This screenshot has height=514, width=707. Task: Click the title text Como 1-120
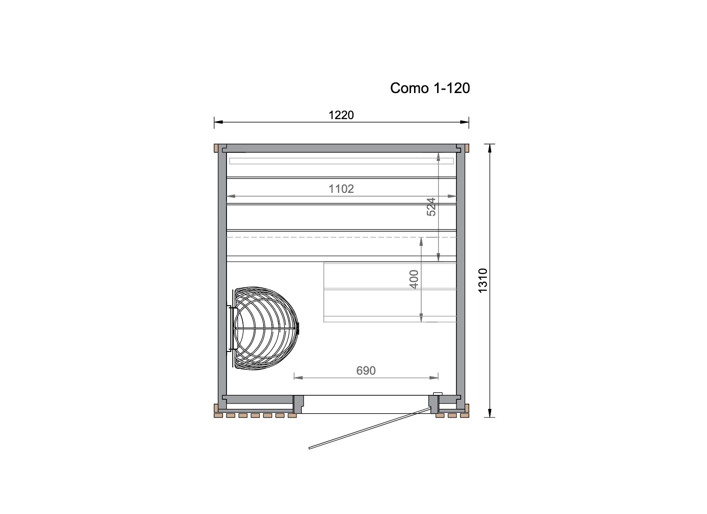click(x=430, y=88)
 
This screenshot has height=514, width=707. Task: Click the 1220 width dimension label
click(x=341, y=115)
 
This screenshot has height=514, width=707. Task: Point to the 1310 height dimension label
click(x=483, y=281)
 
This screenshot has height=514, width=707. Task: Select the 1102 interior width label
click(x=341, y=189)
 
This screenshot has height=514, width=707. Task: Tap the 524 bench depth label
click(x=431, y=207)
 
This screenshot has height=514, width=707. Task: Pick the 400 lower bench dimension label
click(x=414, y=279)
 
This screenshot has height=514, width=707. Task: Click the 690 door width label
click(x=366, y=370)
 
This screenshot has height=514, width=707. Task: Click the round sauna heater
click(x=265, y=328)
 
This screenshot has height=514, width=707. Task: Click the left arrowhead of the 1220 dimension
click(x=218, y=122)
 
